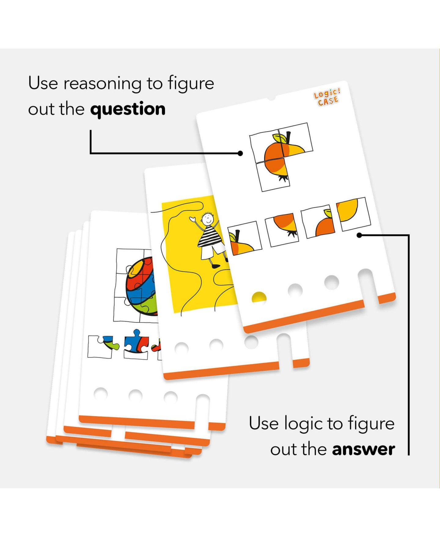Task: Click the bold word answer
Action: tap(363, 449)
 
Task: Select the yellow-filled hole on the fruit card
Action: tap(259, 298)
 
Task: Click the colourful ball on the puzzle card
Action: tap(142, 286)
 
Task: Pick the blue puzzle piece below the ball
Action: tap(136, 342)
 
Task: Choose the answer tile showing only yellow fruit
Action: tap(353, 214)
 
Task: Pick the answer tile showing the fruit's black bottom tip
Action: tap(282, 229)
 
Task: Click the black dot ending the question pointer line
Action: tap(240, 153)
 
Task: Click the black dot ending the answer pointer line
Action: tap(360, 235)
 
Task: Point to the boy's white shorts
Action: tap(213, 252)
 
